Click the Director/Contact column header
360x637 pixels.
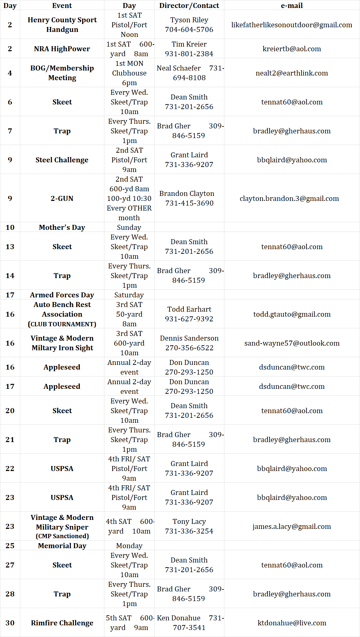189,6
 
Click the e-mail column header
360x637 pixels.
292,6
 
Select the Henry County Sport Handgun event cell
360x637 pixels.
62,25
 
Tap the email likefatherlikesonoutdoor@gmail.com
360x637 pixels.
292,25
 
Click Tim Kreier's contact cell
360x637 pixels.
189,49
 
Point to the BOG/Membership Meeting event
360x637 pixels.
62,73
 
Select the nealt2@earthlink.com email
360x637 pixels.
292,73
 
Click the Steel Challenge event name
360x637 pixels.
62,160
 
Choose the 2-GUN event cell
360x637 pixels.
62,199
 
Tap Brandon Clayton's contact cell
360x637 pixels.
189,198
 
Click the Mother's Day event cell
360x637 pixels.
62,228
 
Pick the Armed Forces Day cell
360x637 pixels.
62,295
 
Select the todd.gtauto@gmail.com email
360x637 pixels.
292,314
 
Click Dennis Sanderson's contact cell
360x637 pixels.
189,343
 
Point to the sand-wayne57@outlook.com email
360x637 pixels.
292,343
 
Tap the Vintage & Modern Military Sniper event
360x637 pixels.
62,527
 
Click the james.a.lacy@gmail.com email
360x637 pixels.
292,527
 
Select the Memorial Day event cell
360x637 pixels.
62,546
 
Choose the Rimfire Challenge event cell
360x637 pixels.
62,623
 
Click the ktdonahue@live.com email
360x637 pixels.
292,623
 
